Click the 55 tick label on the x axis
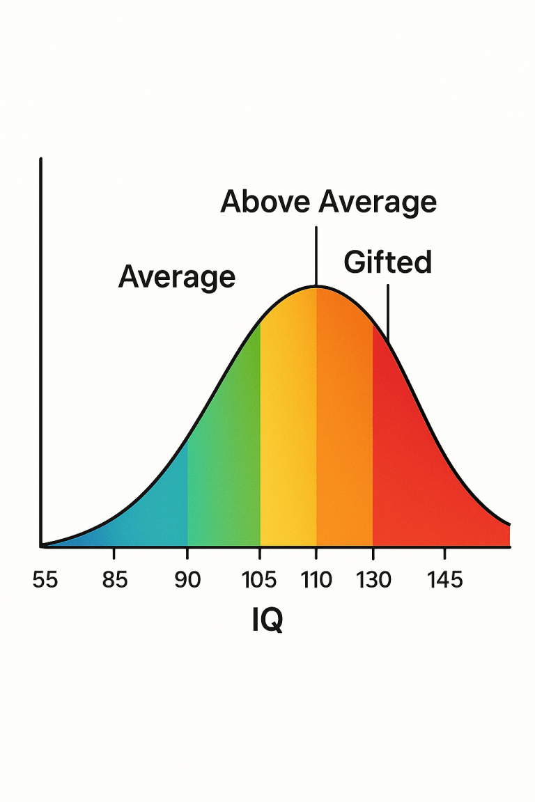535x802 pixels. point(45,579)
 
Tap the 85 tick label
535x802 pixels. point(115,579)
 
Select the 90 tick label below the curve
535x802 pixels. point(187,579)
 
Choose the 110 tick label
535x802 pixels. point(316,579)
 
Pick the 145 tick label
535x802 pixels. point(444,579)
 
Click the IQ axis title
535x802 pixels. point(267,620)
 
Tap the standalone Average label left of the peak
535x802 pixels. point(177,277)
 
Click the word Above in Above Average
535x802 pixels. point(265,202)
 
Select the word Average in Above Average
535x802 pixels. point(378,202)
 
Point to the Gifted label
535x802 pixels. point(388,262)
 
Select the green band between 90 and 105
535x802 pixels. point(224,473)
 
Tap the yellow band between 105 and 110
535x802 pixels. point(288,446)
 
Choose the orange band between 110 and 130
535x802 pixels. point(344,446)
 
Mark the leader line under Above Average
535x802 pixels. point(316,254)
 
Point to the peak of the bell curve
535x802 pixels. point(316,286)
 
